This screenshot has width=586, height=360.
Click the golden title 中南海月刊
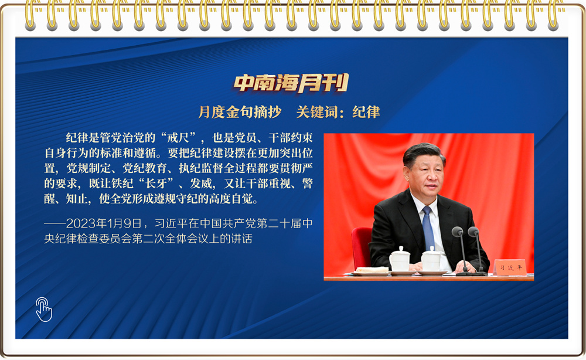pyautogui.click(x=291, y=83)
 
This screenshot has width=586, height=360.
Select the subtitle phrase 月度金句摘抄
pyautogui.click(x=240, y=112)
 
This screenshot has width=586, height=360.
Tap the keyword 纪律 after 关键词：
pyautogui.click(x=366, y=112)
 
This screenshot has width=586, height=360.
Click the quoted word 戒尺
pyautogui.click(x=178, y=138)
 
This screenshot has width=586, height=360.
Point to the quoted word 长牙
pyautogui.click(x=156, y=184)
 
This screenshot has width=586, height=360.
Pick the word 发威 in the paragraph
pyautogui.click(x=202, y=184)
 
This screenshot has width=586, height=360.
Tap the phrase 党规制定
pyautogui.click(x=89, y=168)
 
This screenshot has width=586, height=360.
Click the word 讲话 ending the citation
pyautogui.click(x=241, y=239)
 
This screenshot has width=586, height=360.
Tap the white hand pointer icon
pyautogui.click(x=44, y=310)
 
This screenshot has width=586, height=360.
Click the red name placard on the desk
pyautogui.click(x=510, y=268)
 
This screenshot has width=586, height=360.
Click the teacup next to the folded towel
pyautogui.click(x=400, y=259)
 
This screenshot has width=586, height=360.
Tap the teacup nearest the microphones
pyautogui.click(x=431, y=259)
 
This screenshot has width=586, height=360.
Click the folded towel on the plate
pyautogui.click(x=372, y=269)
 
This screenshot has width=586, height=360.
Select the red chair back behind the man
pyautogui.click(x=361, y=247)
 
